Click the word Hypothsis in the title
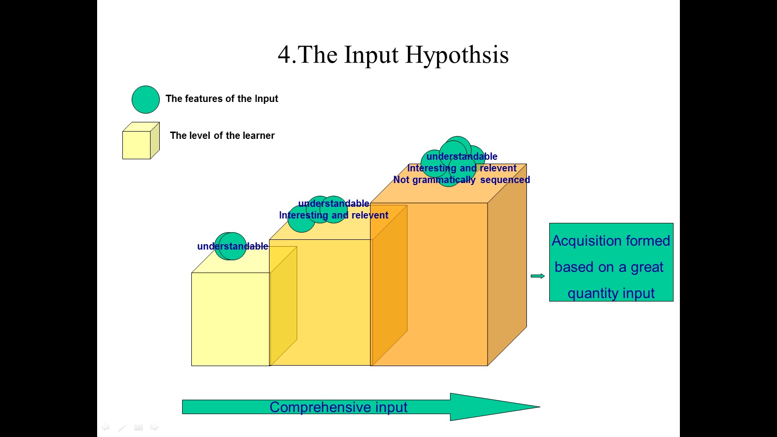(457, 55)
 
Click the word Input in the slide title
(371, 55)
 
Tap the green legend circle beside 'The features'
(146, 100)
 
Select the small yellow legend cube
(138, 143)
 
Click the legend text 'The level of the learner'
(222, 135)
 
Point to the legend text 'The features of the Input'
(221, 99)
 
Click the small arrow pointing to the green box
(538, 276)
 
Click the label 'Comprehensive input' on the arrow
(338, 407)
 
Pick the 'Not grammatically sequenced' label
(461, 180)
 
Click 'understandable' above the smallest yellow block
(232, 246)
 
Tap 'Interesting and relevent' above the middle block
(334, 215)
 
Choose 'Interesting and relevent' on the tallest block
(462, 168)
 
